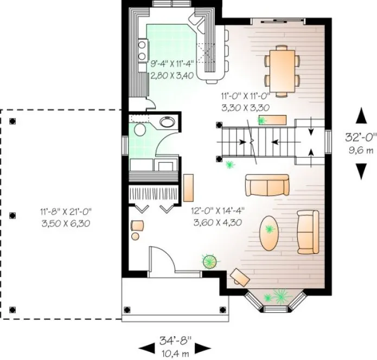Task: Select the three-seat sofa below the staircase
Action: [x=266, y=185]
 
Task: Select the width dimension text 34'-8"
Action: [x=174, y=340]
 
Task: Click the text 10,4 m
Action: [x=174, y=352]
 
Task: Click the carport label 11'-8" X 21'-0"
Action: [x=65, y=212]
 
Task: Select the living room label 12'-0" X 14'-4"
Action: [x=216, y=212]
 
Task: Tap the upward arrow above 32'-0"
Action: [x=360, y=115]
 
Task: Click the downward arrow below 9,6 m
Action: [x=360, y=171]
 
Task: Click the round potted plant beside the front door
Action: [x=209, y=262]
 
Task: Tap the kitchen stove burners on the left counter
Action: [x=142, y=50]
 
